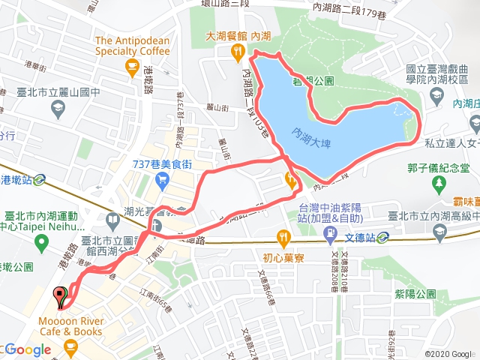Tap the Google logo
27,349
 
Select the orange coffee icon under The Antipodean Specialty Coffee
133,67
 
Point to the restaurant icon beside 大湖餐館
238,51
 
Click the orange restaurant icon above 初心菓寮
283,238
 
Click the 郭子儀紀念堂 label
442,168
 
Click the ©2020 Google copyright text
449,354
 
